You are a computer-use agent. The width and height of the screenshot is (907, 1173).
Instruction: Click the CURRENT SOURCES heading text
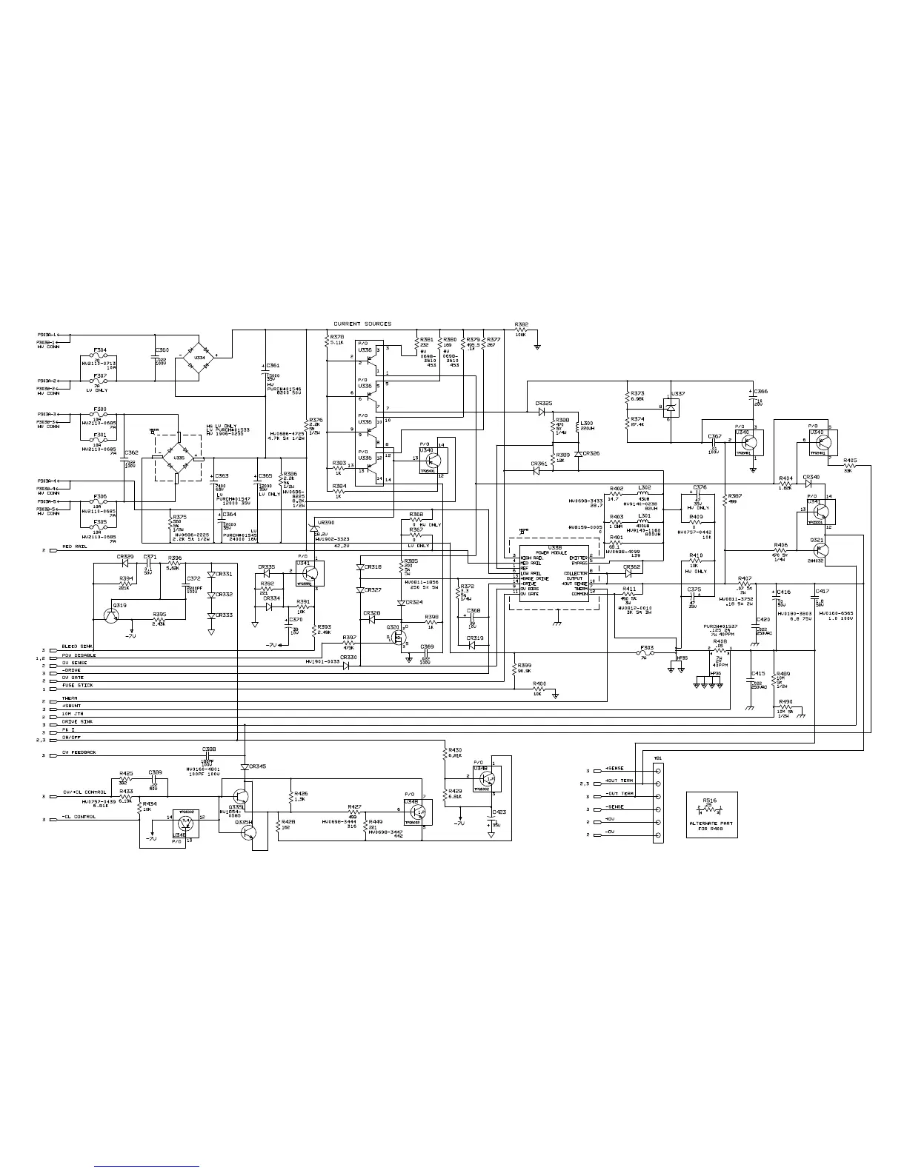click(x=362, y=324)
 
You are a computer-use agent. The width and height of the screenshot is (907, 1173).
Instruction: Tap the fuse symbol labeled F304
click(x=101, y=356)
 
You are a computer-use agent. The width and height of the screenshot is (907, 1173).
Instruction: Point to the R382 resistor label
click(x=522, y=324)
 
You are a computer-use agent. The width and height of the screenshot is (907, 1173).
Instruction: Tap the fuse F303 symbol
click(x=647, y=655)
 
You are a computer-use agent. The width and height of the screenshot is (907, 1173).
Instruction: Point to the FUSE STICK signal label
click(x=77, y=686)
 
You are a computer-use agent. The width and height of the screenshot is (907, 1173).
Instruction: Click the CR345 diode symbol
click(x=245, y=766)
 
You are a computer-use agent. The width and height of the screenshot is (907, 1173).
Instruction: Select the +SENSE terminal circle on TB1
click(x=659, y=770)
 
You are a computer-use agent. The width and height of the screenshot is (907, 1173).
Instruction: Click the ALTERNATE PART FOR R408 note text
click(x=711, y=826)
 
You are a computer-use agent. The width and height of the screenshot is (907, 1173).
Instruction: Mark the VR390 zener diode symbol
click(x=313, y=526)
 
